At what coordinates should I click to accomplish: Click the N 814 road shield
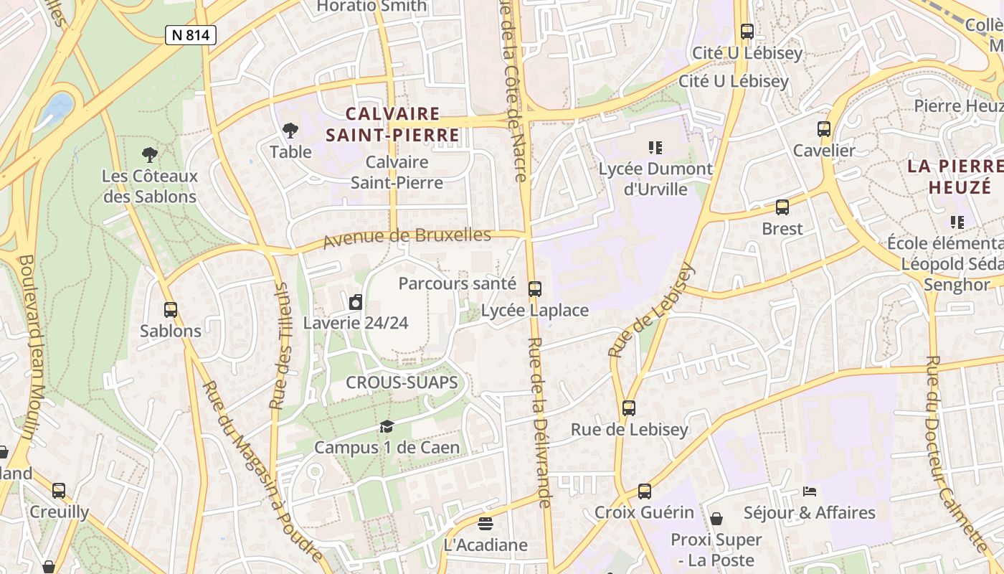pos(191,34)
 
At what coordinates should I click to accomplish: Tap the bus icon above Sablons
pos(171,310)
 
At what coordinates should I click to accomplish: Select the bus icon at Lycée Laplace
pos(535,289)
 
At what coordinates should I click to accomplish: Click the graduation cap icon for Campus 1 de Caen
pos(387,427)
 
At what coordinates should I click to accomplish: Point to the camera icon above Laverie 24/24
pos(356,302)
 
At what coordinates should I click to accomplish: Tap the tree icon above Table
pos(290,131)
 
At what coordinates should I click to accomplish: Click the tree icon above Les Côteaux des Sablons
pos(149,154)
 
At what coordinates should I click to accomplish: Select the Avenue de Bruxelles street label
pos(407,237)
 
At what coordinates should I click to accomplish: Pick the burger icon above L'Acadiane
pos(486,524)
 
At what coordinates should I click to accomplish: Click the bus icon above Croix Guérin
pos(645,491)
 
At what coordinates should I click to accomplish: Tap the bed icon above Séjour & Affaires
pos(810,491)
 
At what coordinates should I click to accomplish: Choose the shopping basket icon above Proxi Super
pos(716,518)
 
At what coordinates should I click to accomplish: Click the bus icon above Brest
pos(782,207)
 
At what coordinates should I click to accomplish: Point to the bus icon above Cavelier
pos(824,129)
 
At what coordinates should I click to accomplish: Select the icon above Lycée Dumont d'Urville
pos(655,148)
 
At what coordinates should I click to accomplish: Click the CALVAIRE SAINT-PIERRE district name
pos(392,124)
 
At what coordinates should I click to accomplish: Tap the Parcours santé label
pos(457,283)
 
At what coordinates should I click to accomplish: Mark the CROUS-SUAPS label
pos(402,382)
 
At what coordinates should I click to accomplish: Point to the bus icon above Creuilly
pos(59,491)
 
